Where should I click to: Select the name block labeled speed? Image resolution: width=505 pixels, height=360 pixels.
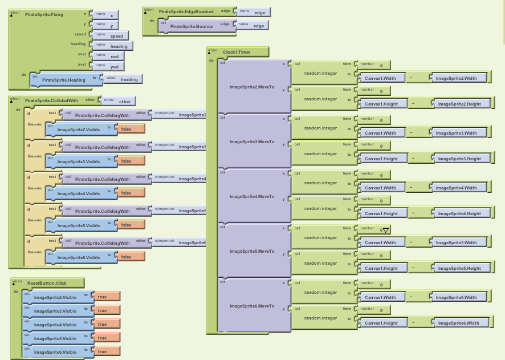116,36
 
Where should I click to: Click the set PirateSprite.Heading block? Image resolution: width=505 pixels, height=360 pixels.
63,80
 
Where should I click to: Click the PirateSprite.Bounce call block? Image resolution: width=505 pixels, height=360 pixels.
191,26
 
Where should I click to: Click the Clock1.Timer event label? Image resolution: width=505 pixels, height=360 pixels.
237,52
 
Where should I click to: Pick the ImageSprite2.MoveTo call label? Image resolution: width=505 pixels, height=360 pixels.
251,87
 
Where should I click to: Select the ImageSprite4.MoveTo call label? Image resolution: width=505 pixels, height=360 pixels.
251,196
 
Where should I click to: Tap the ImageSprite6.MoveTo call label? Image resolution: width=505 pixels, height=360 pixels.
251,306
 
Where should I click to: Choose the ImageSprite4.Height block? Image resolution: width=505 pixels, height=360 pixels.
459,213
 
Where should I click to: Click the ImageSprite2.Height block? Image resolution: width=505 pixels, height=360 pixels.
459,104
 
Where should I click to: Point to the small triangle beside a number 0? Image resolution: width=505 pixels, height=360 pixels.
386,230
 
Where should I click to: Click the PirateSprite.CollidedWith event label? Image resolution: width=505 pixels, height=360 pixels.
52,100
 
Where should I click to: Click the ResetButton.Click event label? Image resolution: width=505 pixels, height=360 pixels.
47,283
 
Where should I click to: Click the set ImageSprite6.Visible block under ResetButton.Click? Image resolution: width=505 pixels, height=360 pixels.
55,352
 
